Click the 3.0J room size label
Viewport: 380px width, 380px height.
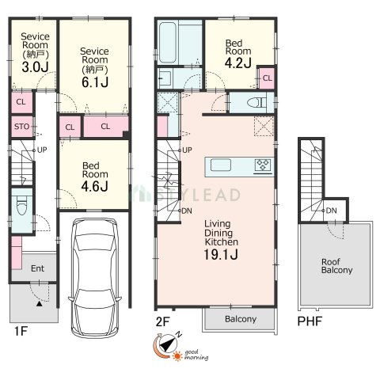click(x=35, y=67)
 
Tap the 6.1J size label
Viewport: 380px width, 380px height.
click(x=95, y=82)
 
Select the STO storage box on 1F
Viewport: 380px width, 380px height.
click(x=22, y=127)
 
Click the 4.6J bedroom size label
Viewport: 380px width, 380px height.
click(x=94, y=186)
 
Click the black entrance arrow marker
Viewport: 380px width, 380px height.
click(x=40, y=304)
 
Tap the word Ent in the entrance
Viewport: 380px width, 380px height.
click(x=37, y=268)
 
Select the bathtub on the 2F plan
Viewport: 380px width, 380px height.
click(x=167, y=43)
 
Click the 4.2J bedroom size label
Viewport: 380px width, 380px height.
click(x=237, y=63)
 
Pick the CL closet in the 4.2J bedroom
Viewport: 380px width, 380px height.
click(x=267, y=78)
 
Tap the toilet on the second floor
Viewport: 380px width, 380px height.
click(x=256, y=103)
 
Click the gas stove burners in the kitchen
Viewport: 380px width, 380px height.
click(x=263, y=165)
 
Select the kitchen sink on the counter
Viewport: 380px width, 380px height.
click(x=221, y=165)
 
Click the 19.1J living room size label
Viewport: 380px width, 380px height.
click(x=221, y=254)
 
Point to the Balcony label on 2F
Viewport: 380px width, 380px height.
click(x=241, y=319)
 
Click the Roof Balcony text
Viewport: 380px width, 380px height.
click(x=336, y=266)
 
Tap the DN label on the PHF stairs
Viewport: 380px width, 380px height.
click(x=332, y=211)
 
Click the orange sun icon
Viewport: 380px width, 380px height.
click(x=177, y=356)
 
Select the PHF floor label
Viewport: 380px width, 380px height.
click(x=310, y=321)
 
